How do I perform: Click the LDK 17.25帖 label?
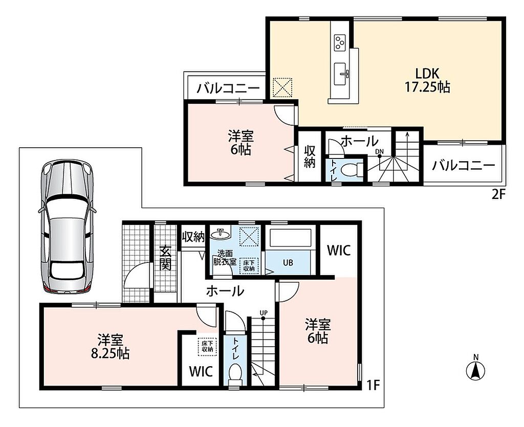[427, 80]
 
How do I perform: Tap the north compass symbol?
[475, 368]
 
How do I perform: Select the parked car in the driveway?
[68, 227]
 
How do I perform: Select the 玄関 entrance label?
[165, 258]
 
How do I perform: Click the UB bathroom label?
[288, 263]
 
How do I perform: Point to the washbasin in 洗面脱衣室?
[220, 234]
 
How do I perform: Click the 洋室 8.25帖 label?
[111, 347]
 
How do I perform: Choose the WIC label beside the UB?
[339, 250]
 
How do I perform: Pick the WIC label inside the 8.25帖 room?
[201, 371]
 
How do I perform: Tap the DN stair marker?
[379, 152]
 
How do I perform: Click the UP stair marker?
[264, 313]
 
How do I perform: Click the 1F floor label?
[374, 386]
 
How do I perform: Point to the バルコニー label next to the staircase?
[464, 165]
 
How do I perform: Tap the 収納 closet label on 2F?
[310, 156]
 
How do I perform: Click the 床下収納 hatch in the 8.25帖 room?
[207, 346]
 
